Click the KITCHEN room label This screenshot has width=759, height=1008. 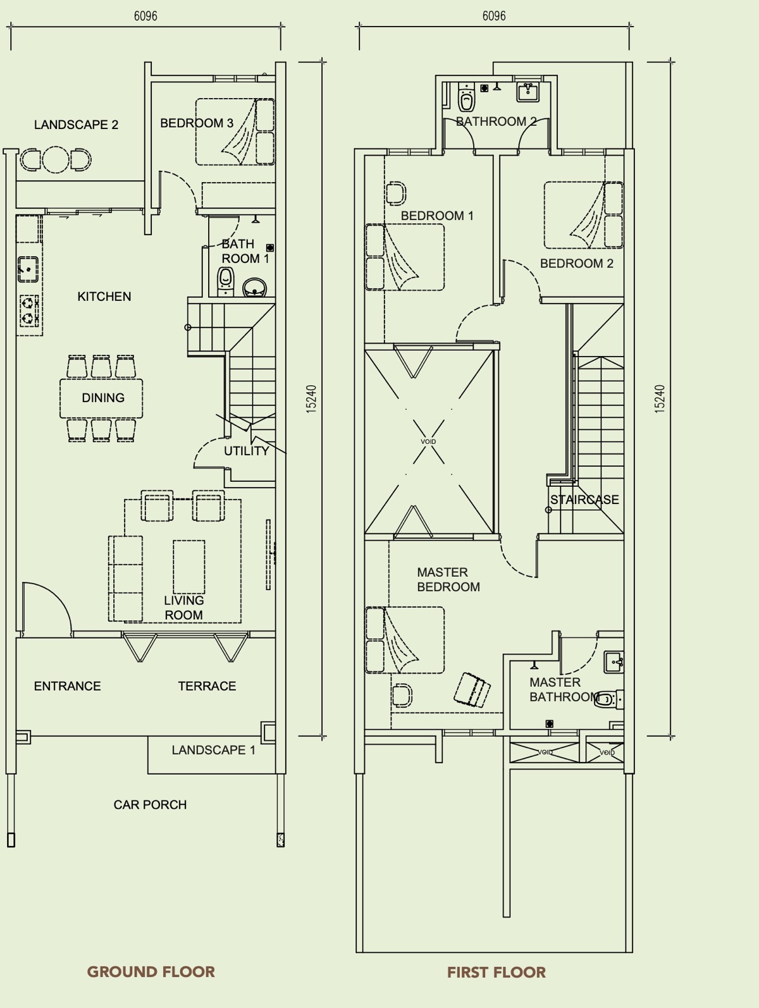tap(104, 297)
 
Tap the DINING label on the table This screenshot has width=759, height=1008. tap(103, 398)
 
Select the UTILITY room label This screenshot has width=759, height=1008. tap(247, 451)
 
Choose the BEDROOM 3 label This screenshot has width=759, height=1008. tap(197, 123)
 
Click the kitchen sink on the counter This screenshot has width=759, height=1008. tap(28, 269)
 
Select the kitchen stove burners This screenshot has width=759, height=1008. tap(29, 310)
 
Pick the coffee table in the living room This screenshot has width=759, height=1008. tap(189, 567)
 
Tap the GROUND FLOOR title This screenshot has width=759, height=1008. tap(151, 972)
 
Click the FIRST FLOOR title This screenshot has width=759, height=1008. tap(497, 972)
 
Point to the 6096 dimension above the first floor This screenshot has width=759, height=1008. tap(494, 16)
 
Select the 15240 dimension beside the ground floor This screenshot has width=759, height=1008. tap(311, 399)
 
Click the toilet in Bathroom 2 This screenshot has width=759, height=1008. tap(467, 97)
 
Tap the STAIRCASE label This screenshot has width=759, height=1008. tap(584, 500)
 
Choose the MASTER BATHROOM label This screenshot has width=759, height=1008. tap(564, 689)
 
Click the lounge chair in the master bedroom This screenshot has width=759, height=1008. tap(472, 690)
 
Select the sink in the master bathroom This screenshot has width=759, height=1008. tap(614, 661)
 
